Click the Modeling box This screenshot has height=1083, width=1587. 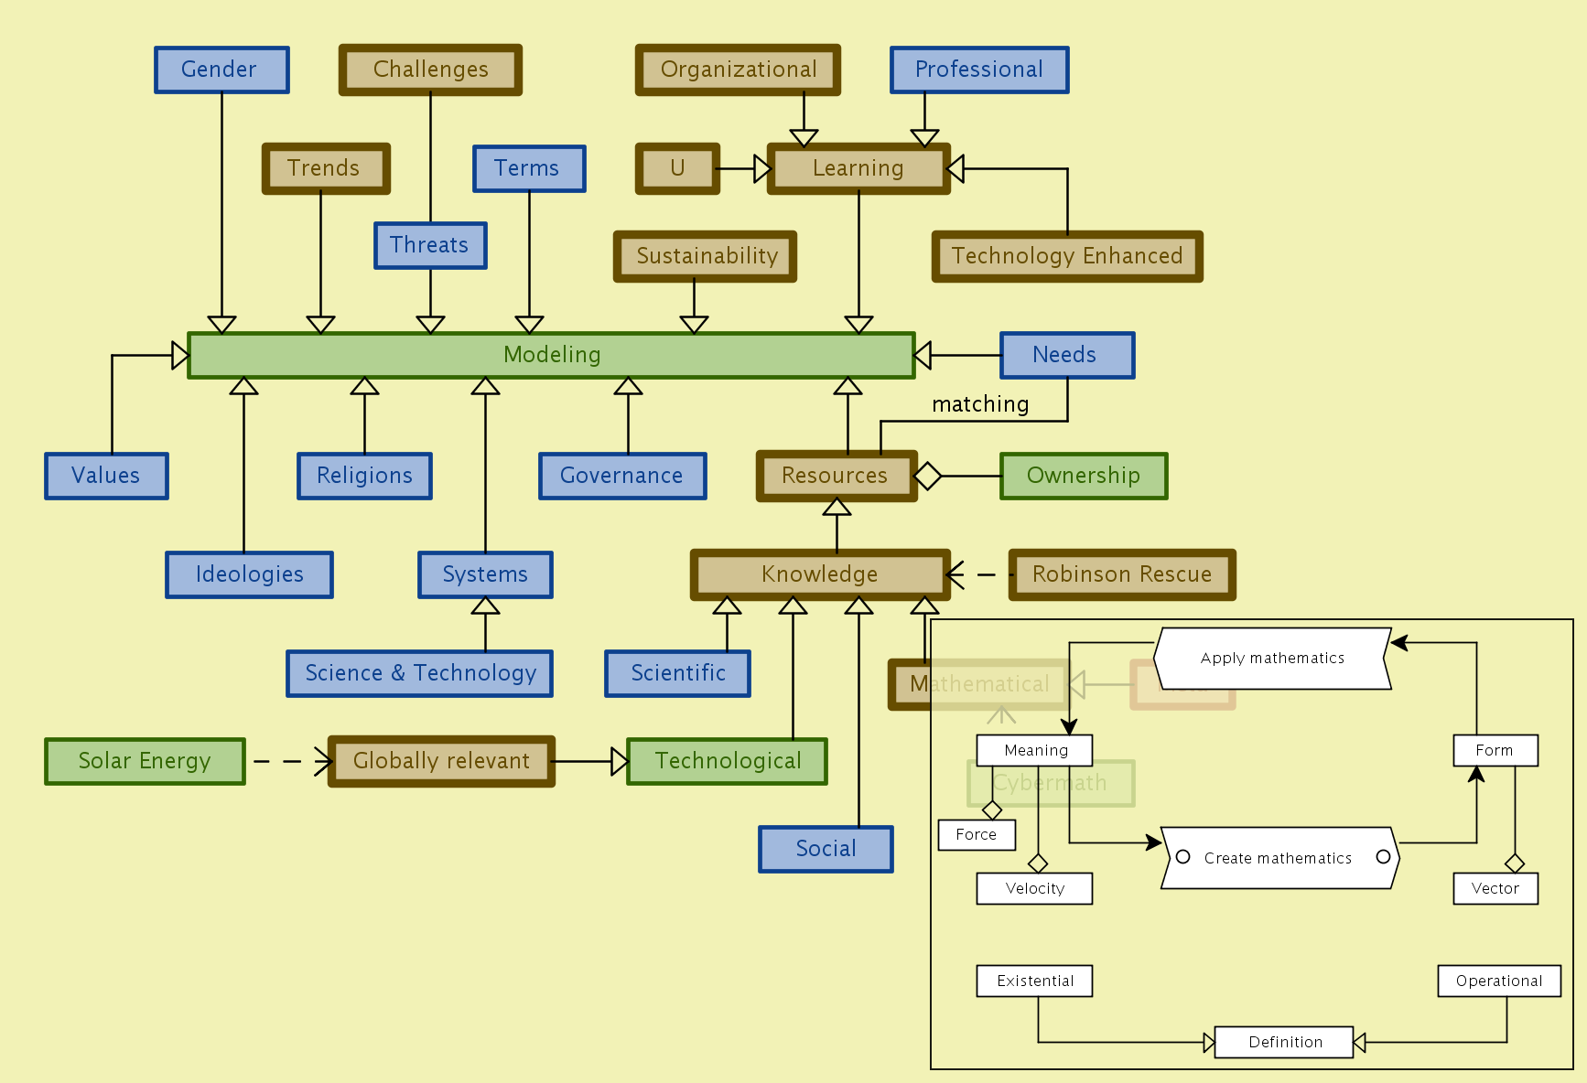click(x=551, y=355)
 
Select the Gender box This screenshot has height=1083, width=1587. click(x=221, y=70)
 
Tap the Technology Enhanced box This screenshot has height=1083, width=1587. click(x=1066, y=256)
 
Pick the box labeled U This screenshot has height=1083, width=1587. click(x=677, y=168)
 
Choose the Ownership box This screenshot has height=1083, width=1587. click(x=1084, y=476)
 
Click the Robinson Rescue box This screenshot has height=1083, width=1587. click(x=1122, y=574)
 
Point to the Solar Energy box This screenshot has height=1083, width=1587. click(x=145, y=761)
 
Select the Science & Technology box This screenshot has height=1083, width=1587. click(x=419, y=673)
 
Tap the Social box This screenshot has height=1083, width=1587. click(x=826, y=849)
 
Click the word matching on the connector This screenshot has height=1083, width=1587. click(x=980, y=404)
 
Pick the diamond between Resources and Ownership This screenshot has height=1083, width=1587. click(x=927, y=476)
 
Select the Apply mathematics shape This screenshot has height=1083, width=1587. click(x=1272, y=658)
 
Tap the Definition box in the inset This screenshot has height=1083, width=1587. click(x=1284, y=1042)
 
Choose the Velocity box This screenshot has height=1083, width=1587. click(x=1034, y=888)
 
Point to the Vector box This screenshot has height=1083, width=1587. click(x=1495, y=888)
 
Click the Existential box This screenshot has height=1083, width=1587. click(x=1034, y=981)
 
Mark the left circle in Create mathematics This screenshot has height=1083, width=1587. click(x=1182, y=857)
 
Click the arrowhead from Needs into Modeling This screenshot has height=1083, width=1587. click(x=923, y=355)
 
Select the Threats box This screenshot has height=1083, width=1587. click(x=430, y=245)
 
